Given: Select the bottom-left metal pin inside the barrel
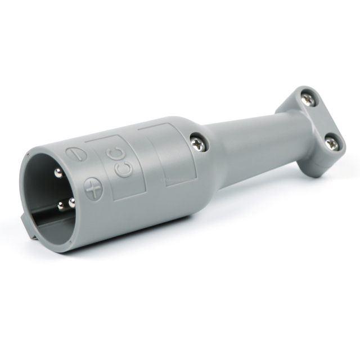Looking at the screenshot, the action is click(x=61, y=206).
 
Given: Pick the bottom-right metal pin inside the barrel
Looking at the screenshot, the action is click(x=71, y=202).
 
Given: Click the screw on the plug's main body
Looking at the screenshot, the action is click(x=199, y=142).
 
